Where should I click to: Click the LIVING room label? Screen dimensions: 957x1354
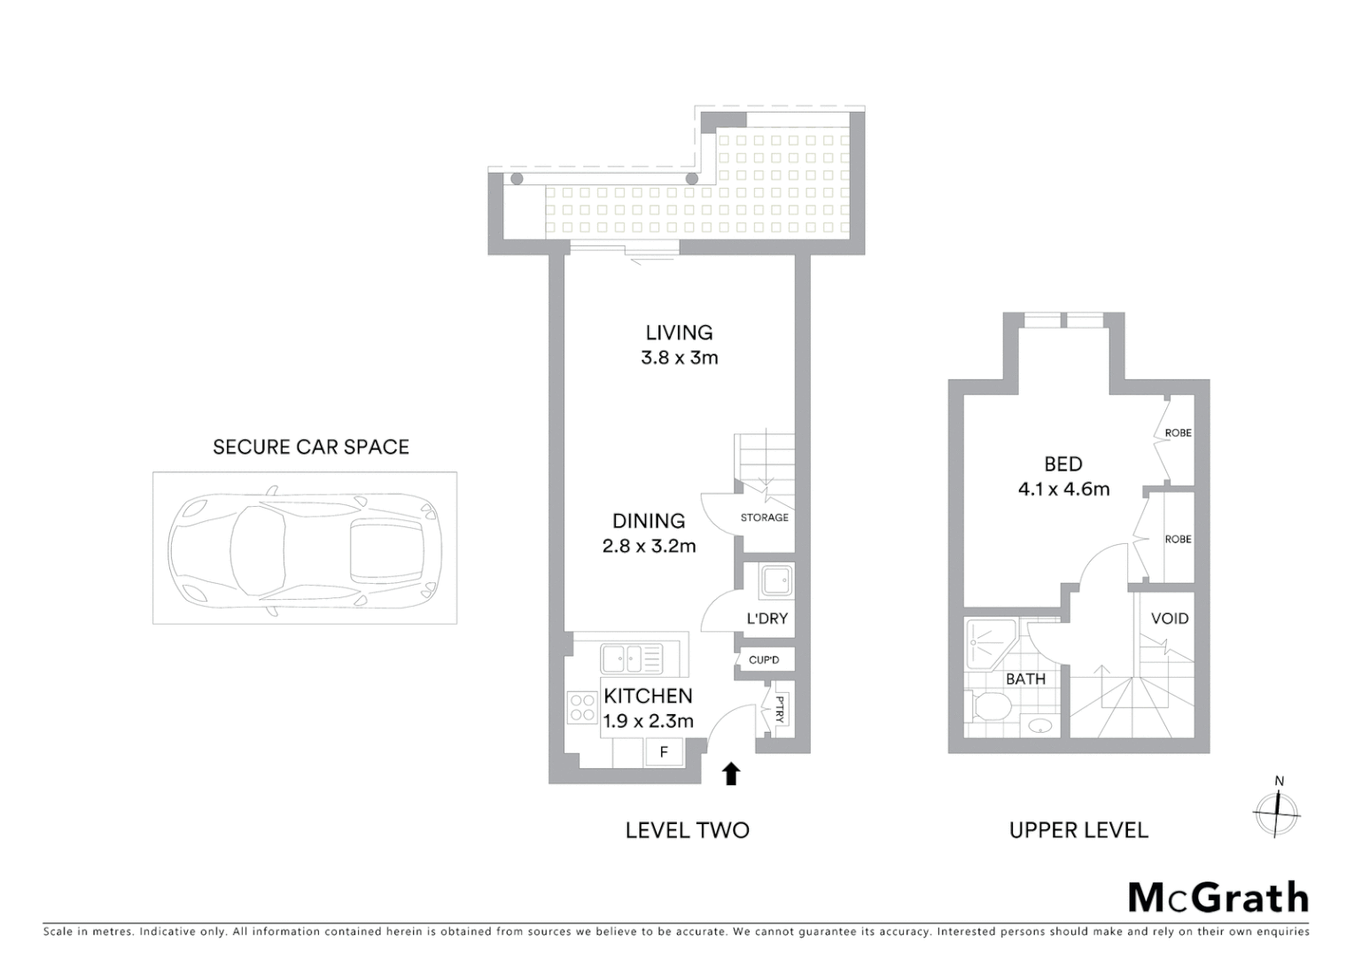tap(679, 332)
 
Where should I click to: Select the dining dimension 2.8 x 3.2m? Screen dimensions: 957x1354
tap(649, 546)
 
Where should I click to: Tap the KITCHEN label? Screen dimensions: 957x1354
tap(648, 696)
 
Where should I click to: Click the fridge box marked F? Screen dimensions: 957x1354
tap(663, 752)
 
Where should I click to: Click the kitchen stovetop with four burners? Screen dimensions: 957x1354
tap(582, 707)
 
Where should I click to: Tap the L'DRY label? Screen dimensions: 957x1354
tap(766, 619)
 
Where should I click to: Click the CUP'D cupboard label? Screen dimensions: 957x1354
tap(764, 660)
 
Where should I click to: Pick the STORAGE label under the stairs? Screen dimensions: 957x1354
tap(764, 517)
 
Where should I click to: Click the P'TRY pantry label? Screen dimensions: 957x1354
tap(780, 709)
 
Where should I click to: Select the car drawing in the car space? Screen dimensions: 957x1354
tap(304, 548)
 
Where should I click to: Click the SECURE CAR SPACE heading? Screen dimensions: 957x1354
tap(311, 447)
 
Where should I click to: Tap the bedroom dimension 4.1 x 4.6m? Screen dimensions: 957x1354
tap(1063, 489)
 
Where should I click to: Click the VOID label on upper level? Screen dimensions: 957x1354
tap(1169, 619)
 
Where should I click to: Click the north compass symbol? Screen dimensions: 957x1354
tap(1277, 810)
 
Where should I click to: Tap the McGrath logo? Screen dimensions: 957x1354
tap(1218, 898)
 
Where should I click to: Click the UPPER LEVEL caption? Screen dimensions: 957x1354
tap(1078, 830)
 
